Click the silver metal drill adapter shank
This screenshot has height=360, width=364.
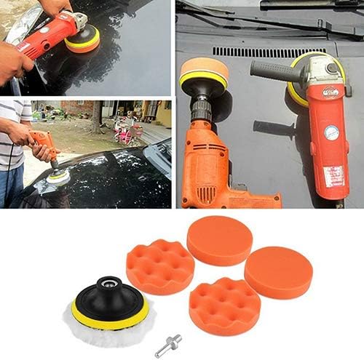tap(168, 339)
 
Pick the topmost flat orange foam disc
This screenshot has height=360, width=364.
tap(219, 240)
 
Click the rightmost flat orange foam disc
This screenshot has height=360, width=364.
tap(278, 271)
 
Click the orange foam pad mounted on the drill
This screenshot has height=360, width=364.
tap(204, 71)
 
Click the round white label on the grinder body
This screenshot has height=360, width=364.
tap(331, 132)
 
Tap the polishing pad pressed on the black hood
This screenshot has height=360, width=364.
tap(58, 176)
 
